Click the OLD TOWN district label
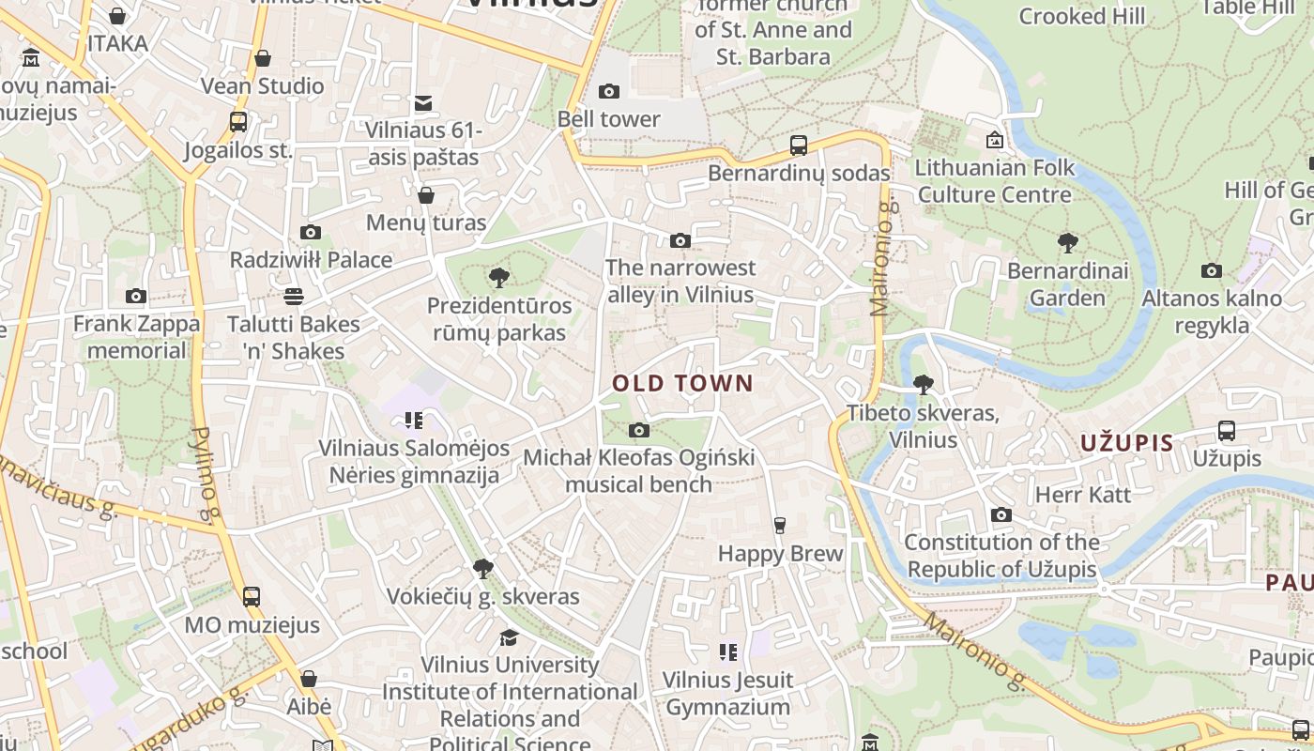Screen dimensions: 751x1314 pos(682,383)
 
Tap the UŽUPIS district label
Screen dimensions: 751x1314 pos(1126,443)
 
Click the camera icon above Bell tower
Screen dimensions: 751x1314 pos(609,91)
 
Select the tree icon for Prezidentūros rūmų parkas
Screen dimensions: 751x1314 pos(499,278)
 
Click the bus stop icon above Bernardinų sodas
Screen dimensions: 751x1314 pos(799,146)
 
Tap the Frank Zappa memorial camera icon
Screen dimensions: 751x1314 pos(136,297)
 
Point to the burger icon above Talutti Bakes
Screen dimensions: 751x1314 pos(294,297)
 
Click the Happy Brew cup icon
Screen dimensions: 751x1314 pos(779,525)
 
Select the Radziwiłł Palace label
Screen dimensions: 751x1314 pos(311,260)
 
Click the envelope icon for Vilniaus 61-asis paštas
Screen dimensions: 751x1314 pos(423,102)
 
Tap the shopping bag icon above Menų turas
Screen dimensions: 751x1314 pos(426,195)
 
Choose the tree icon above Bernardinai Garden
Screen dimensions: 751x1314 pos(1067,244)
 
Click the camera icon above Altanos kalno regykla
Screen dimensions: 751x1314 pos(1212,271)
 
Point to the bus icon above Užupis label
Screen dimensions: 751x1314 pos(1227,431)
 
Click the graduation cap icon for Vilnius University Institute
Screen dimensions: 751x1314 pos(509,637)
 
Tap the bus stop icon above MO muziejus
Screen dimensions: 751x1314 pos(251,597)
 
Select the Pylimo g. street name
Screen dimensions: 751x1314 pos(205,474)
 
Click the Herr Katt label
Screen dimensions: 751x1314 pos(1083,495)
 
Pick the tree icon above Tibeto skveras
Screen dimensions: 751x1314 pos(924,385)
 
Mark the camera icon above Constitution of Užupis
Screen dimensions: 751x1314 pos(1001,515)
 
